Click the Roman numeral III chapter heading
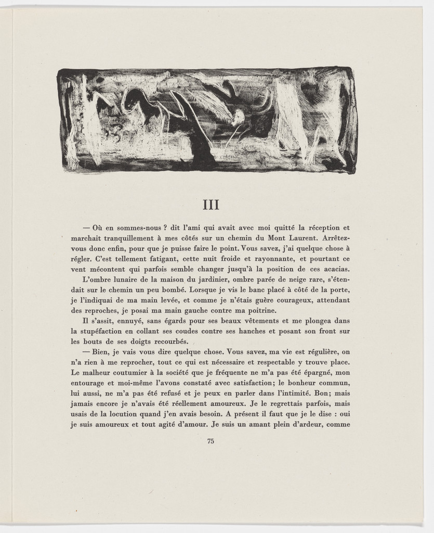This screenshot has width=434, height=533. pos(211,205)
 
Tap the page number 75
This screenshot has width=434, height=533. pos(211,441)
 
